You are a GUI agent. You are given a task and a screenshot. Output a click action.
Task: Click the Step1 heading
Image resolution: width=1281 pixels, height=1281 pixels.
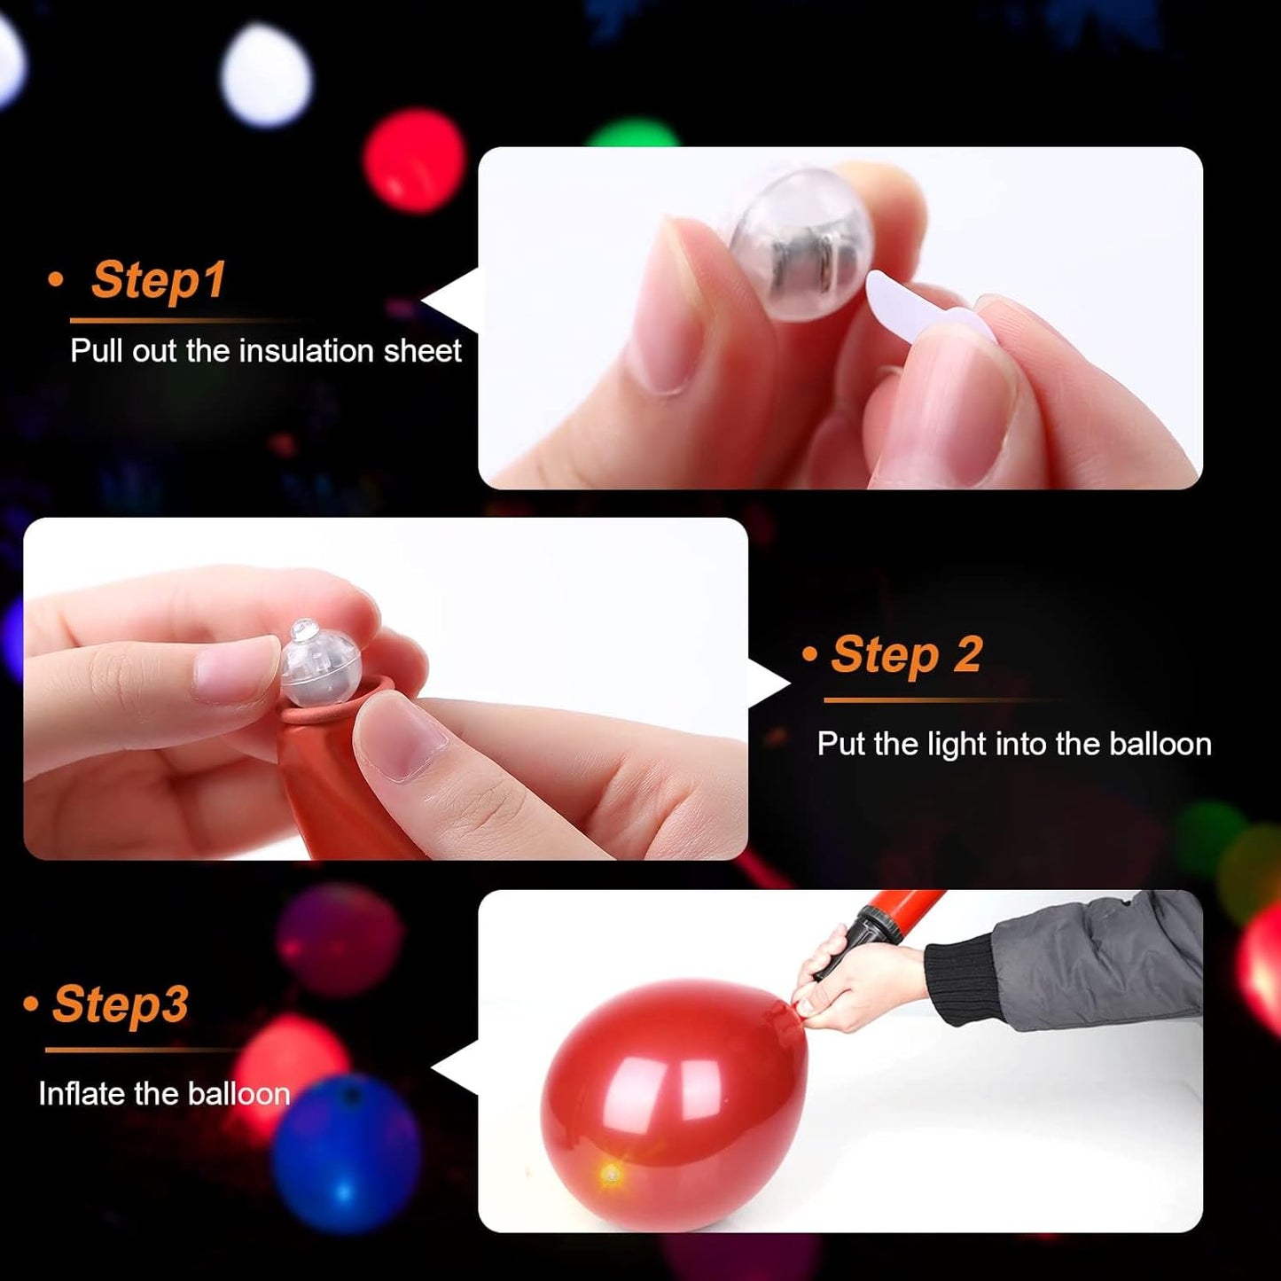(x=158, y=280)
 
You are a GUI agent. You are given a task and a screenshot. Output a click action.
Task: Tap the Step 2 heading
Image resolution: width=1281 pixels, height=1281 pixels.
(x=906, y=655)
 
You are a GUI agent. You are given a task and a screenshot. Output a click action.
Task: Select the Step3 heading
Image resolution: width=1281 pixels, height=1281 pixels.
(x=120, y=1004)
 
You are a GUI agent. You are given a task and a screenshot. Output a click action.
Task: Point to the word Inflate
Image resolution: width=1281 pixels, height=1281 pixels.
(x=82, y=1094)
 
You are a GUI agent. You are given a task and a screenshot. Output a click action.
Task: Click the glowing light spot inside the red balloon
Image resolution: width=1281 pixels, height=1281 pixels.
(x=611, y=1176)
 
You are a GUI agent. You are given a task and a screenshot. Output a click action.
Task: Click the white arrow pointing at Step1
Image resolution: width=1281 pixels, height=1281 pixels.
(x=452, y=301)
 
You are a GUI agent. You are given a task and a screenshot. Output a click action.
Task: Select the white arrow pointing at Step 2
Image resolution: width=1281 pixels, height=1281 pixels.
(x=767, y=684)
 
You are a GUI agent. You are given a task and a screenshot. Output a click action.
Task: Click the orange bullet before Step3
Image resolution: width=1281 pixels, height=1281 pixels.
(x=32, y=1004)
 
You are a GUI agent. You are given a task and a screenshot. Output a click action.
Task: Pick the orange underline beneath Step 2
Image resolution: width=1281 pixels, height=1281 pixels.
(x=940, y=700)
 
